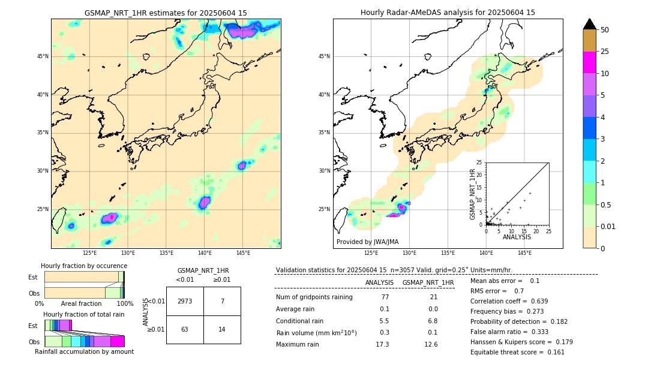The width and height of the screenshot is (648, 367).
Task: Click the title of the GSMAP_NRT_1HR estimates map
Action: tap(166, 13)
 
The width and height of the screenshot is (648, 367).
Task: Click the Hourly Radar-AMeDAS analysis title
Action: tap(448, 13)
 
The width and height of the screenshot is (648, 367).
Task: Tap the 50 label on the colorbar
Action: tap(605, 29)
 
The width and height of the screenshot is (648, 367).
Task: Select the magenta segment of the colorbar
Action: tap(589, 62)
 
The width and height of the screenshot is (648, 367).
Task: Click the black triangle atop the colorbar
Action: tap(589, 24)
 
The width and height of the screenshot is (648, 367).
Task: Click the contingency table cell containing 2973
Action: tap(185, 301)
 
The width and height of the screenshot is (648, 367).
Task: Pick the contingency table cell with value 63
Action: tap(185, 329)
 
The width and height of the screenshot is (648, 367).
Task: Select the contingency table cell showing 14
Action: tap(222, 329)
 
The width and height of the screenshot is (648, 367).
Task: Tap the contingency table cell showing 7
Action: tap(222, 301)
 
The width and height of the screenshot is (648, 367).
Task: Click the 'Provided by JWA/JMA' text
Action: tap(367, 242)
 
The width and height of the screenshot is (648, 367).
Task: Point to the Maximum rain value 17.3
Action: tap(382, 344)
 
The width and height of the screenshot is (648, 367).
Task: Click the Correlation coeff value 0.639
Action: tap(539, 301)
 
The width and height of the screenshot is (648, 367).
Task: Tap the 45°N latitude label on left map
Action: tap(43, 56)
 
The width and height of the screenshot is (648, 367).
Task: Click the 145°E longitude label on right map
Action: tap(524, 253)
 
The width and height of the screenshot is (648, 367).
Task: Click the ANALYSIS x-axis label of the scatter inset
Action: tap(517, 237)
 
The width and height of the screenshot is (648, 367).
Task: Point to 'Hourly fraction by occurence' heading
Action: tap(84, 266)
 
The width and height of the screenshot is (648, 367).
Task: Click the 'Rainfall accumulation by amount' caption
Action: tap(84, 351)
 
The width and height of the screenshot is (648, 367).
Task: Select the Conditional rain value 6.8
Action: tap(431, 321)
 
